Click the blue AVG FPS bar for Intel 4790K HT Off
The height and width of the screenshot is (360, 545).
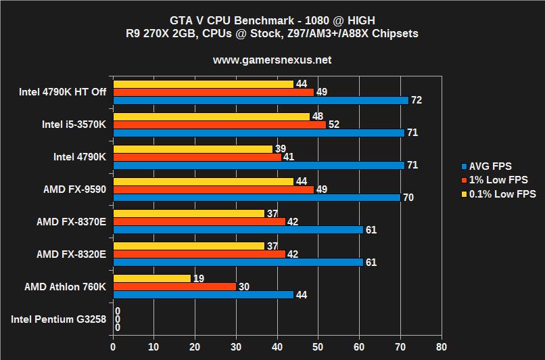pos(260,100)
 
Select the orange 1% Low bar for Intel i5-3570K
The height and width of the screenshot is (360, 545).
pos(219,125)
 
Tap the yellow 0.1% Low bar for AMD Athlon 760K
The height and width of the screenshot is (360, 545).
pos(152,278)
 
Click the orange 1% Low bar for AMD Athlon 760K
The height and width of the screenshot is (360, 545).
pos(174,286)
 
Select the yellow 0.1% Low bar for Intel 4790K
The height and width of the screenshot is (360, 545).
pos(193,149)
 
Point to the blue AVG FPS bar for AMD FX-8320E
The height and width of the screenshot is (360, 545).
pos(238,262)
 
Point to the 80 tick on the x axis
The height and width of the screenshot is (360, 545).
pos(442,344)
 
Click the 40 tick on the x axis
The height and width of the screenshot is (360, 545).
pos(277,344)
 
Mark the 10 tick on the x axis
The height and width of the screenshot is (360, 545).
pos(154,344)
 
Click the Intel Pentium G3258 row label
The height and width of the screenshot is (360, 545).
pos(59,319)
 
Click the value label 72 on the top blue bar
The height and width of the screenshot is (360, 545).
pos(417,100)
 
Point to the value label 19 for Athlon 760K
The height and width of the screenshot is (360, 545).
pos(199,278)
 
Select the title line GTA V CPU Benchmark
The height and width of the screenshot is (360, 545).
pos(272,20)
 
